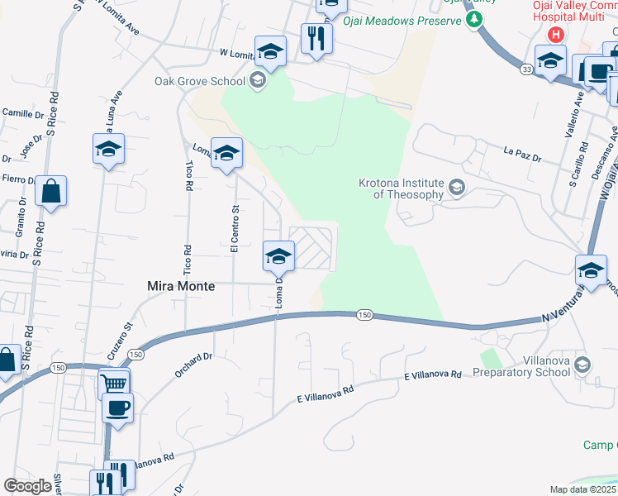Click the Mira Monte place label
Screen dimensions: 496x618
pos(181,286)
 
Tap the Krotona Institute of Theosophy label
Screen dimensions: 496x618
pos(401,188)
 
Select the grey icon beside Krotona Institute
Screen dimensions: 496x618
pos(456,188)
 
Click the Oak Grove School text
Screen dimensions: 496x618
pos(200,81)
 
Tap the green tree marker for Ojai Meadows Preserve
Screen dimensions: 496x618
pos(474,20)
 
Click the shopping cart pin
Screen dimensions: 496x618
pos(114,383)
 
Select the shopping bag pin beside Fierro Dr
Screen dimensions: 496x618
pos(50,192)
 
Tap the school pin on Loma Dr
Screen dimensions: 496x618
pos(278,255)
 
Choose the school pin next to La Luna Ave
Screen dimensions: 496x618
pos(108,150)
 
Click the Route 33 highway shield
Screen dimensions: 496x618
pos(525,70)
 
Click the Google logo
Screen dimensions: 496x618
pos(27,486)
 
